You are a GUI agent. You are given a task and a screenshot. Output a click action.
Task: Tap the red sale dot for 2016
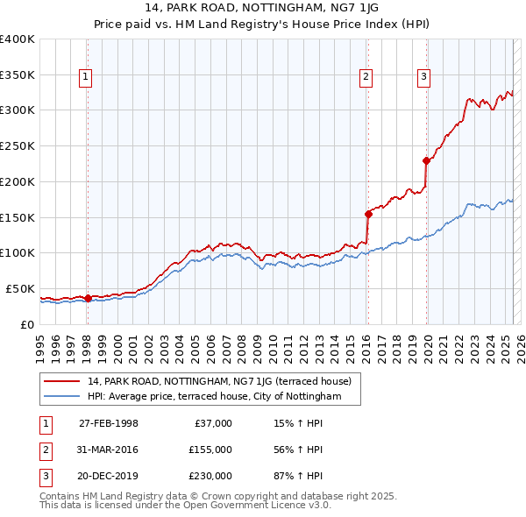(368, 213)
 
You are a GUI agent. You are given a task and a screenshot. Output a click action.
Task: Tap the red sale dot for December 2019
(426, 160)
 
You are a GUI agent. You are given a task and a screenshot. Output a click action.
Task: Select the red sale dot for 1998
(88, 298)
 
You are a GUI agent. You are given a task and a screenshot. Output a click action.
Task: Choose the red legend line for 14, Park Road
(62, 381)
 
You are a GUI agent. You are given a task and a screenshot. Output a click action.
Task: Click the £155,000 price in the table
(210, 450)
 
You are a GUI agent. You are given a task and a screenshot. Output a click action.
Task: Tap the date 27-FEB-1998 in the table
(109, 423)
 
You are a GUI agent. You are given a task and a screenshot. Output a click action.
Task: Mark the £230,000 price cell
(210, 476)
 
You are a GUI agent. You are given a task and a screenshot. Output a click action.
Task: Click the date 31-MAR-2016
(109, 450)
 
